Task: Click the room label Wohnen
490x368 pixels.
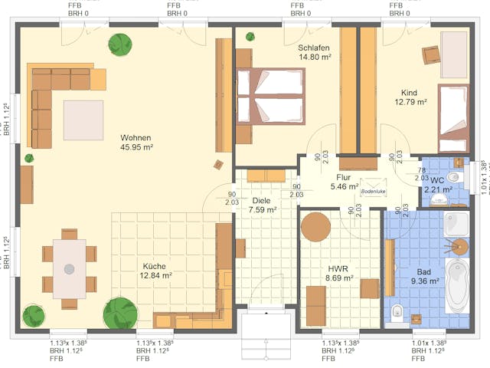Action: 136,138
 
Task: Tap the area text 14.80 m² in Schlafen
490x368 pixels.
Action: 314,58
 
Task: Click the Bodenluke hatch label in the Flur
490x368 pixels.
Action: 373,192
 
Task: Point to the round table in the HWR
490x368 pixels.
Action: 315,228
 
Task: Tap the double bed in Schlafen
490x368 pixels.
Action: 269,97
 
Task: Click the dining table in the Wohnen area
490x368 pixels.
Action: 69,268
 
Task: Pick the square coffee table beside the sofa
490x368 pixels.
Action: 83,120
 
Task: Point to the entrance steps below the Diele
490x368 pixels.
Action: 266,336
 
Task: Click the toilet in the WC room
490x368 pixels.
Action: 455,177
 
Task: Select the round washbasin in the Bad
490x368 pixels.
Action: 460,247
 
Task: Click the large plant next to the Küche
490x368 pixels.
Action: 120,313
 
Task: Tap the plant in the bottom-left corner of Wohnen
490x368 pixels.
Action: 34,315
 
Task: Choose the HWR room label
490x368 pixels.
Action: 338,268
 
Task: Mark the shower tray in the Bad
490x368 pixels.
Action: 457,223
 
